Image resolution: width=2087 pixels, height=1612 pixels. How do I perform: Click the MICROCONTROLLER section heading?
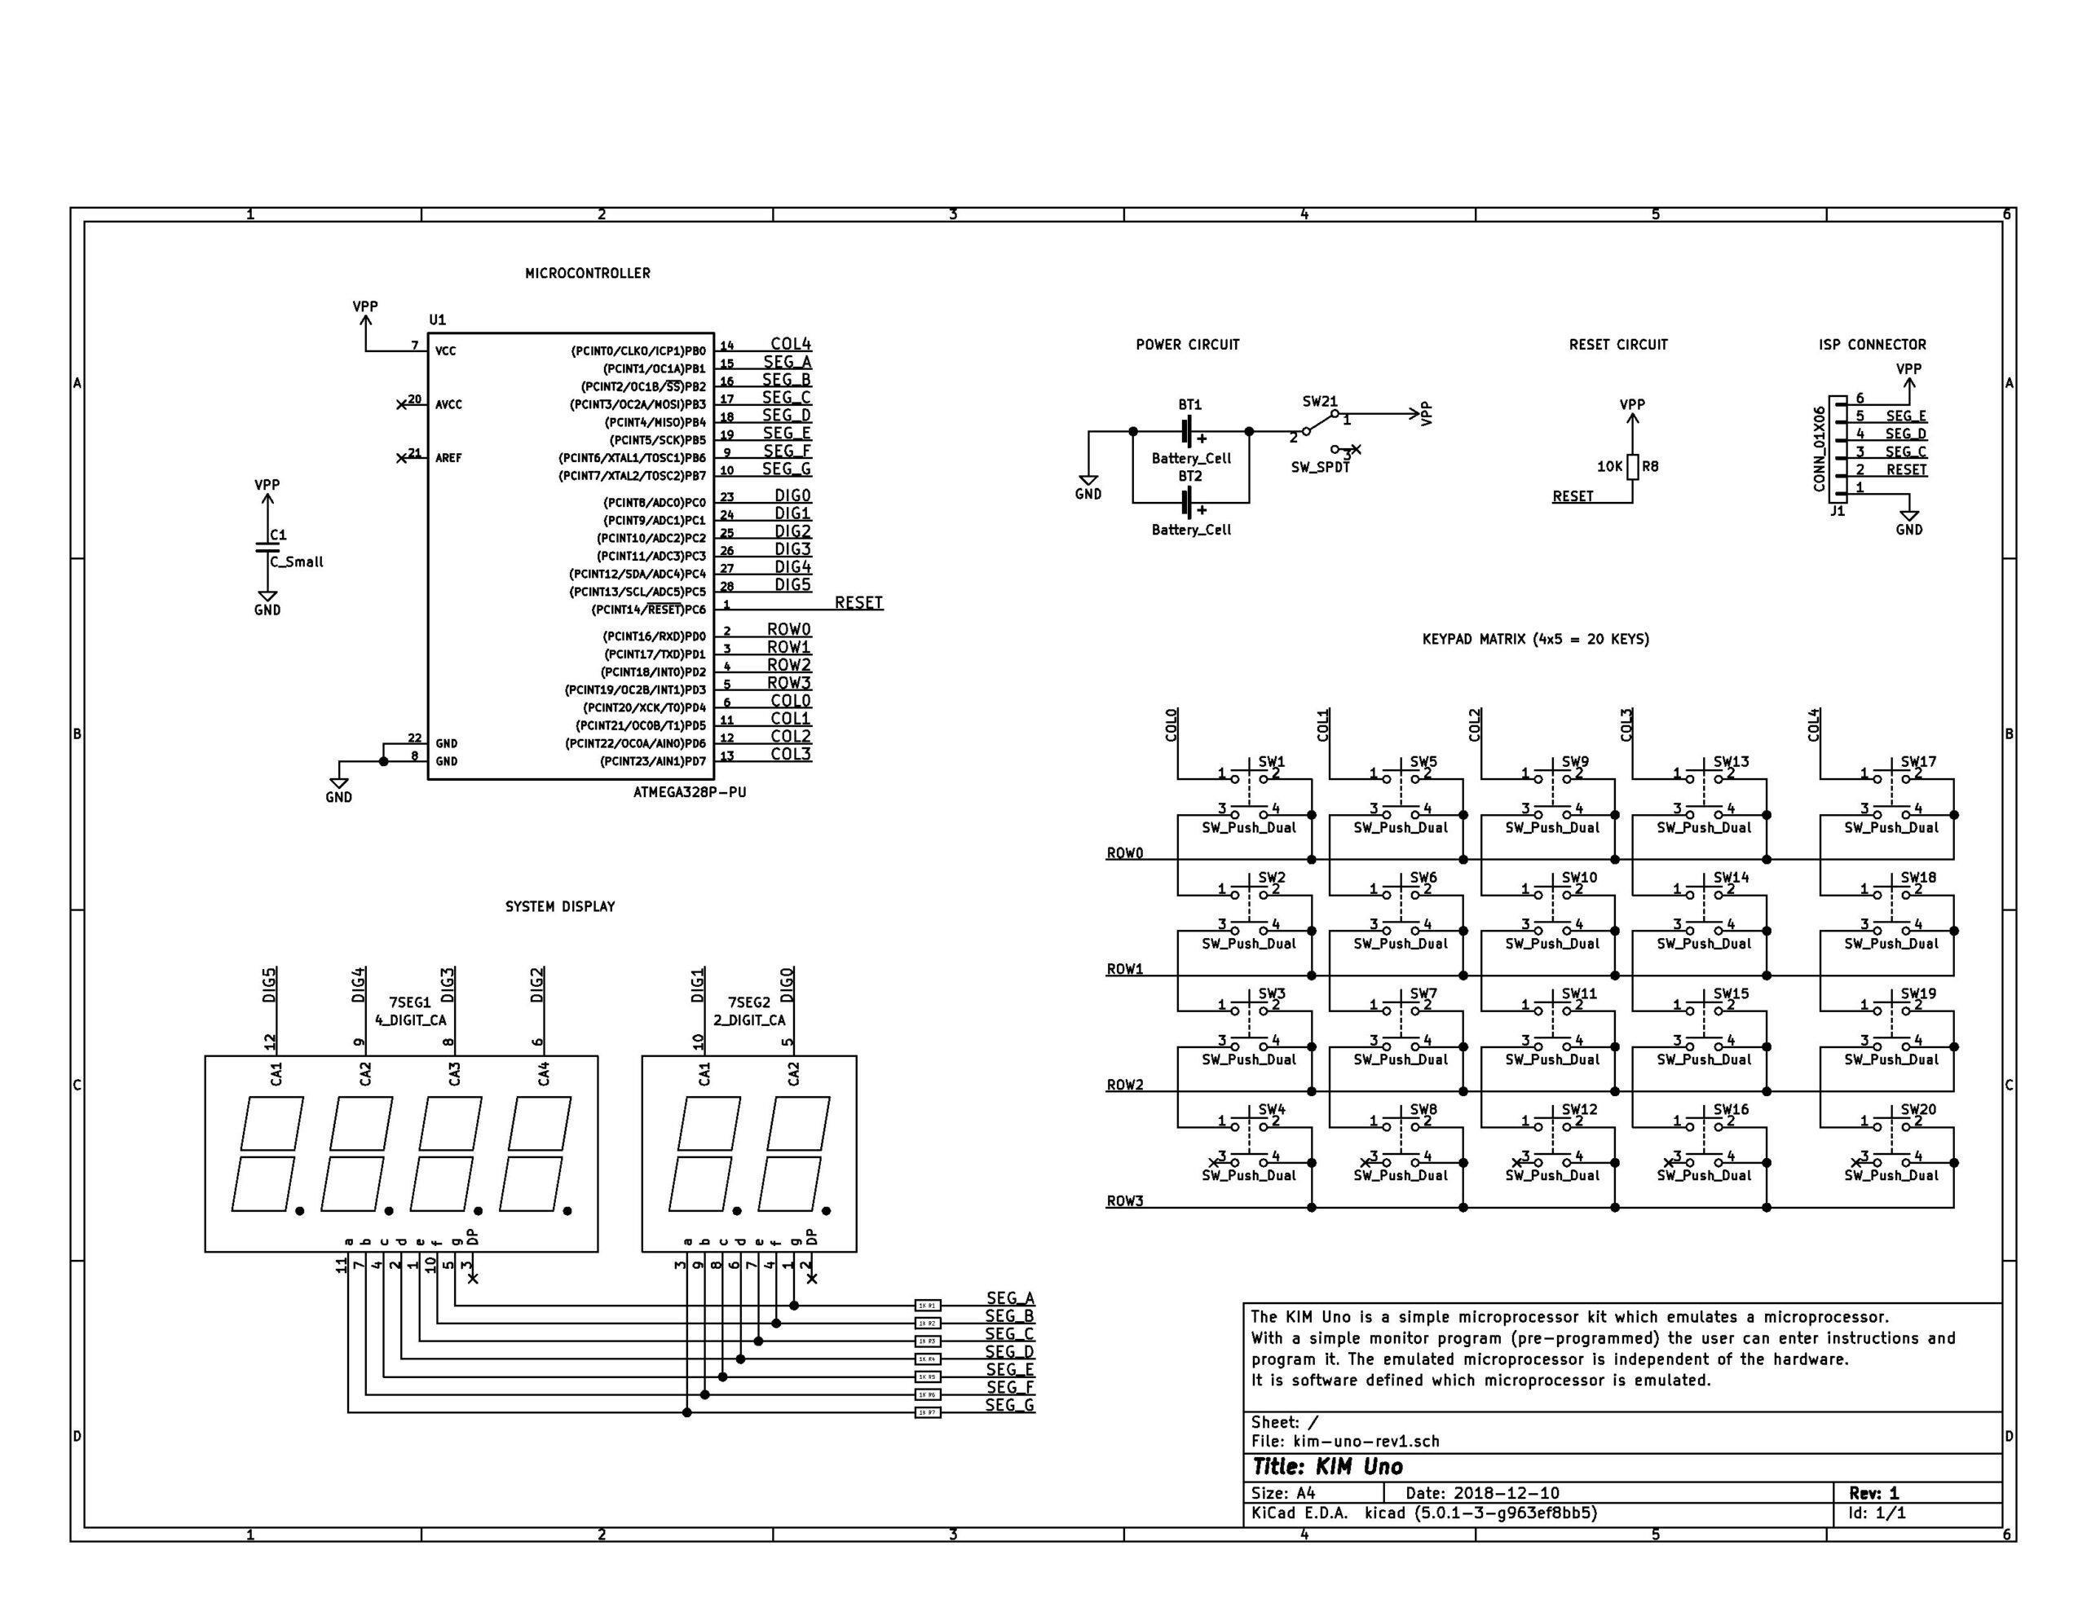click(587, 273)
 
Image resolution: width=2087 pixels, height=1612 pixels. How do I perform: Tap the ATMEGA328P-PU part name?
click(689, 792)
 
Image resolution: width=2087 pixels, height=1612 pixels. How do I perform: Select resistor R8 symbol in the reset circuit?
click(1633, 466)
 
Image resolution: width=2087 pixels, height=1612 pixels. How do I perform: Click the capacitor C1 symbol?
click(267, 548)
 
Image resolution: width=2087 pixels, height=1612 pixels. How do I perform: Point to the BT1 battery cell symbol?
click(1188, 431)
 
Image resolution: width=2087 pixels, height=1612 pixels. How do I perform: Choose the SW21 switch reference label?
click(1320, 403)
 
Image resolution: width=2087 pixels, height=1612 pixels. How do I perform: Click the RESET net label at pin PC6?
click(858, 603)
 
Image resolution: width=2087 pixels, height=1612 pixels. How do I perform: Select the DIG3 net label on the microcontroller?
click(792, 549)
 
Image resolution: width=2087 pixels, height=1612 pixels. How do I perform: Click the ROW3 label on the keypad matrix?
click(1125, 1201)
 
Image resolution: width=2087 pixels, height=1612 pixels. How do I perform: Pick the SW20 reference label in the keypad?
click(1918, 1109)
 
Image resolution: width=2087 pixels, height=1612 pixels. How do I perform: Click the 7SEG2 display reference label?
click(748, 1002)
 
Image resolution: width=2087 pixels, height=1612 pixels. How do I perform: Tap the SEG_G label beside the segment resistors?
click(1009, 1405)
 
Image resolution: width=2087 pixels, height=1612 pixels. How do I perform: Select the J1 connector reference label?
click(1837, 511)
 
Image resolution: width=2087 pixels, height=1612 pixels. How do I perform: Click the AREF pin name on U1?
click(448, 459)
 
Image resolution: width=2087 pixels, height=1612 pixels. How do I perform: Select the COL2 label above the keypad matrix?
click(1475, 725)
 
